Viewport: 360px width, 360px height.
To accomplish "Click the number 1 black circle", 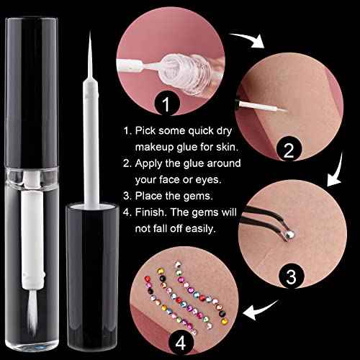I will coord(168,105).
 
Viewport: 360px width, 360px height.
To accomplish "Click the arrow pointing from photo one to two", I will coord(251,41).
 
